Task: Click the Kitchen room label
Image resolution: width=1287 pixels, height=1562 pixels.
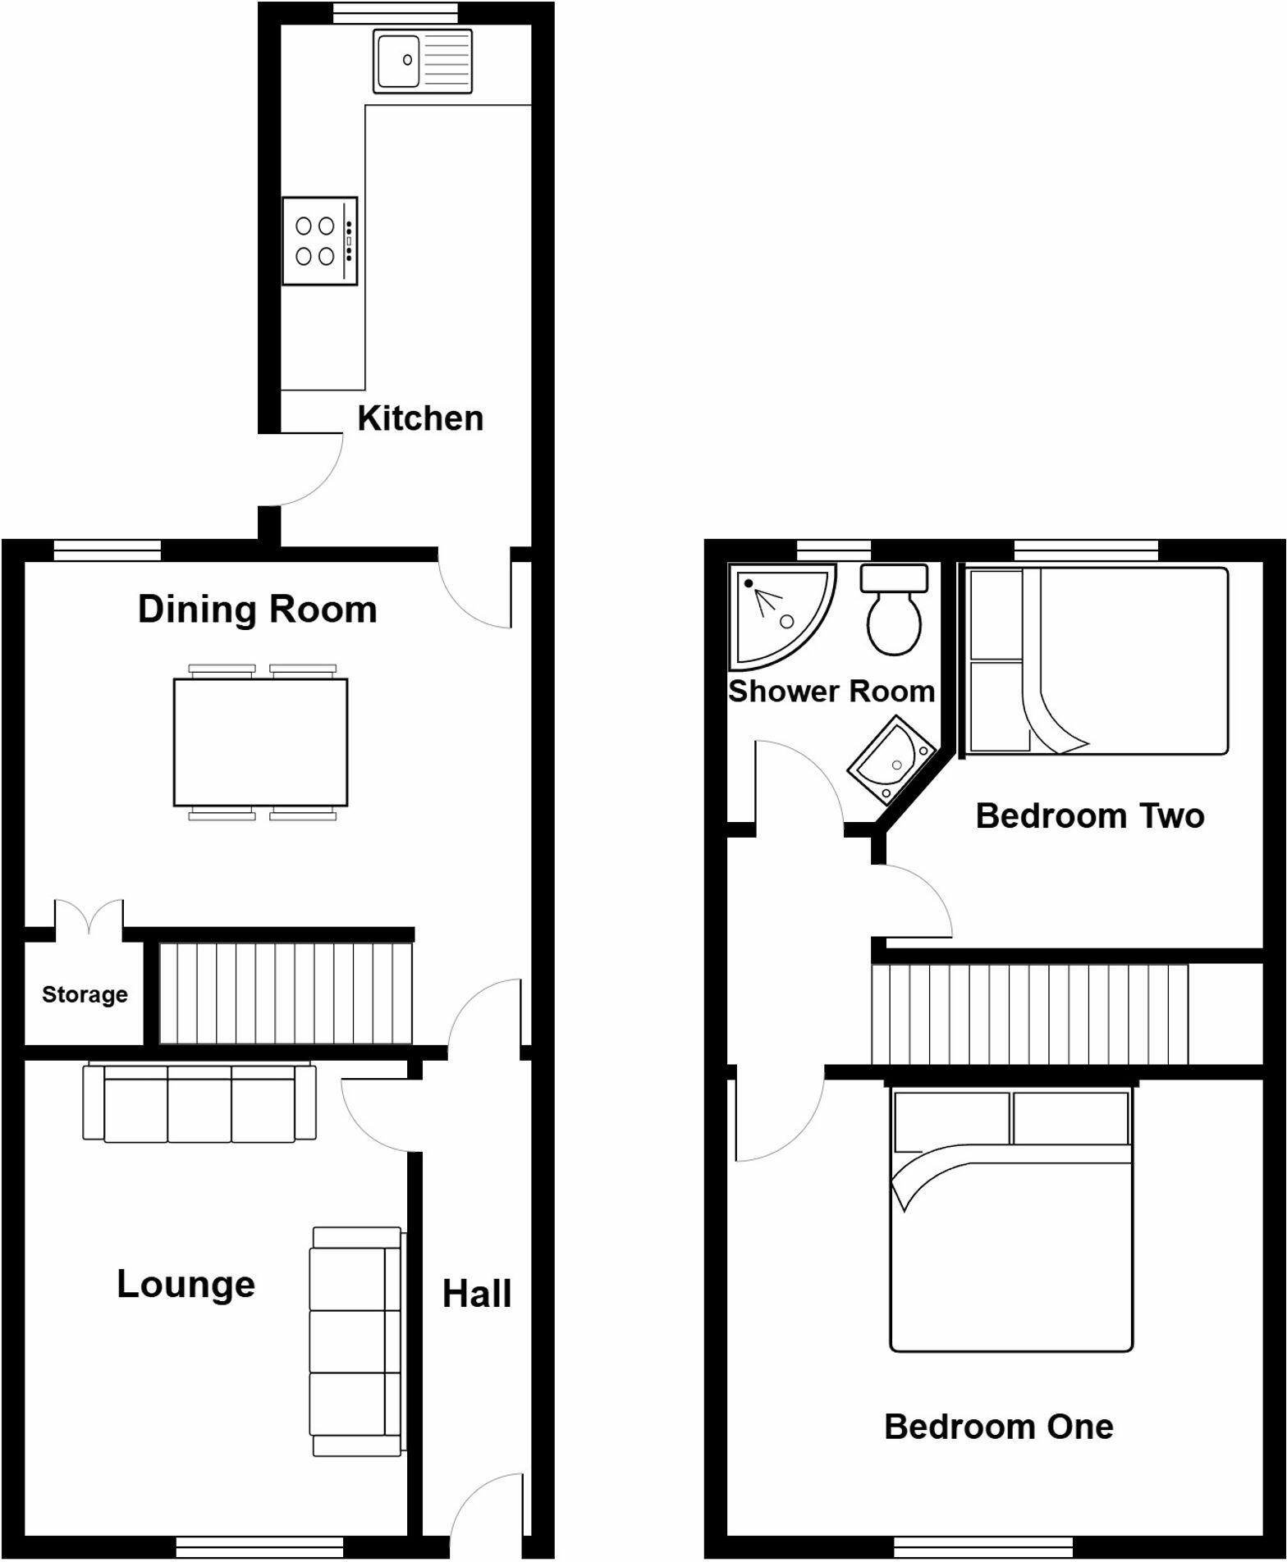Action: click(420, 418)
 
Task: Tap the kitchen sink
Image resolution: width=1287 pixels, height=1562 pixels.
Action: click(423, 61)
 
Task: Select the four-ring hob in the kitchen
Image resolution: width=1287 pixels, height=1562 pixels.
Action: click(319, 241)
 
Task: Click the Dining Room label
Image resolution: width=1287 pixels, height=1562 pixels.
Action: click(257, 610)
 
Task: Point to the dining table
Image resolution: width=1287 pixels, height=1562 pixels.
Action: click(260, 742)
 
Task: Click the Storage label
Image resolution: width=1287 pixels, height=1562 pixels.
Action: click(85, 994)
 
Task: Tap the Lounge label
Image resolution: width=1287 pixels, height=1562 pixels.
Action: click(185, 1284)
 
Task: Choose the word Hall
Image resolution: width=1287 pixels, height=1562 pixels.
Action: click(477, 1295)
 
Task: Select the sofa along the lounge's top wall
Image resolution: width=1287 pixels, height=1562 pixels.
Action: click(199, 1103)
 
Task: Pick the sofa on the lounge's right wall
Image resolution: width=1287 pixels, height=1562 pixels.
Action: click(356, 1341)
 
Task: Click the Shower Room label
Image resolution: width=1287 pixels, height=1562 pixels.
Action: click(831, 692)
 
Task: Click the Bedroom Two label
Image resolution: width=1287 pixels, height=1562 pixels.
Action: click(1089, 816)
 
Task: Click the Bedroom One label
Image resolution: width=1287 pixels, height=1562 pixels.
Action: click(998, 1427)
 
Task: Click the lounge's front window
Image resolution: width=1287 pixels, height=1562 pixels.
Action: click(259, 1547)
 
